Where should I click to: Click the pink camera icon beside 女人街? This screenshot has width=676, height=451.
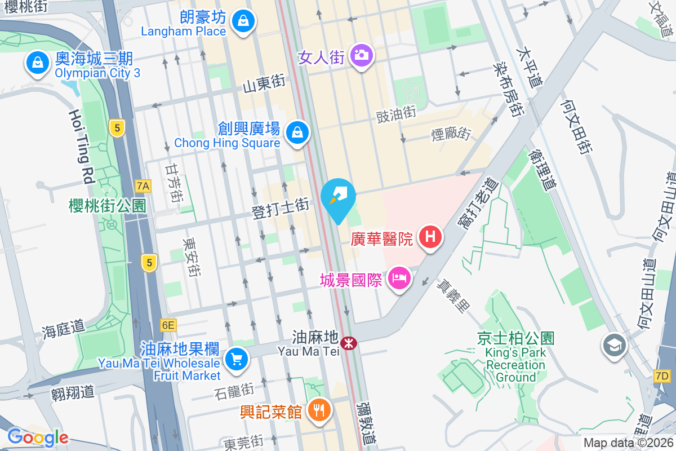click(361, 55)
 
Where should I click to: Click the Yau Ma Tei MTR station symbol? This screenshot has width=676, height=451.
click(349, 342)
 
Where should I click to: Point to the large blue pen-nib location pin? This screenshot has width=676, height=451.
click(338, 197)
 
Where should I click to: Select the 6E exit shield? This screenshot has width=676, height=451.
click(168, 325)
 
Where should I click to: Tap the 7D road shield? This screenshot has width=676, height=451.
click(662, 375)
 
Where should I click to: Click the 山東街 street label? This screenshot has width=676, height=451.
click(264, 84)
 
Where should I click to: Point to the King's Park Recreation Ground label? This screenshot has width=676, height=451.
click(516, 365)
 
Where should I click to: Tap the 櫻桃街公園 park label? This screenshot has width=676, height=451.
click(108, 206)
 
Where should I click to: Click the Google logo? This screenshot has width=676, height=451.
click(37, 437)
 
